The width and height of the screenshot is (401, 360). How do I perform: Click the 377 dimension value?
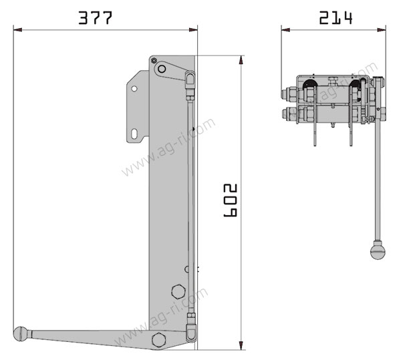click(95, 18)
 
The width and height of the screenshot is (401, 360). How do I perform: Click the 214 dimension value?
click(336, 18)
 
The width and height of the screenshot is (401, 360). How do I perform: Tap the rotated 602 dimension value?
click(231, 200)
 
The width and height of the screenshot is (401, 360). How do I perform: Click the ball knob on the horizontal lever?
click(21, 334)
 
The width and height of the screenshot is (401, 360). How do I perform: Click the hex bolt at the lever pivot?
click(159, 340)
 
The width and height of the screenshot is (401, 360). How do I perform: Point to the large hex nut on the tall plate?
click(178, 291)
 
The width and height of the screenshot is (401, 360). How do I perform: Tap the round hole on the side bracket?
click(134, 89)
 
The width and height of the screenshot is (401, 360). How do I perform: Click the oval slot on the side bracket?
click(134, 134)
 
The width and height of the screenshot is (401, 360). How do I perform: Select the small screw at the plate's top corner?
click(154, 60)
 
